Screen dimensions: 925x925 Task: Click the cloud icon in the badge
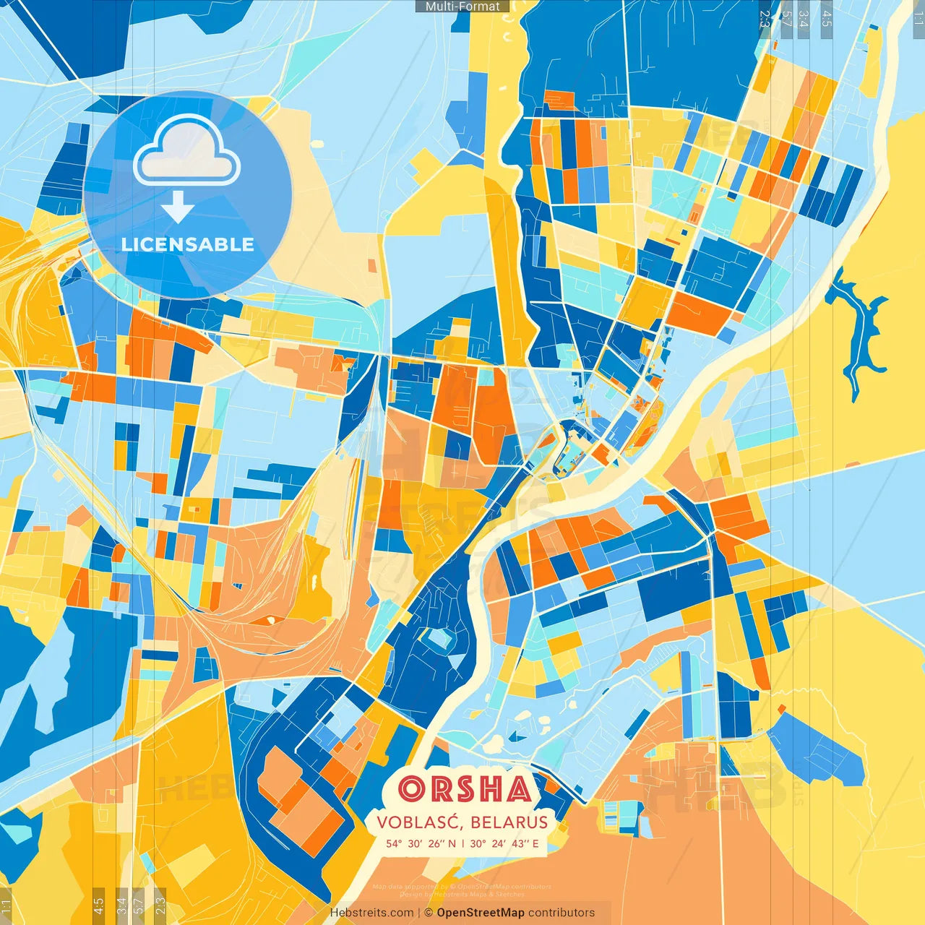[x=186, y=150]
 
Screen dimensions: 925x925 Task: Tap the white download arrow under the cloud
[x=178, y=208]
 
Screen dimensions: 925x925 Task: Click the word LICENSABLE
[x=188, y=244]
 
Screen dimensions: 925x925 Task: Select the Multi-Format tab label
[x=462, y=7]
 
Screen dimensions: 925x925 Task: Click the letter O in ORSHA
[x=413, y=789]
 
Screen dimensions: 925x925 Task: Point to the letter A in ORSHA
[x=518, y=789]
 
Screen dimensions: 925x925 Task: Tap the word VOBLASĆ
[x=418, y=822]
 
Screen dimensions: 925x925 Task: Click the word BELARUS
[x=509, y=822]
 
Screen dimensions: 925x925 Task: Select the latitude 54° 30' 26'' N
[x=421, y=843]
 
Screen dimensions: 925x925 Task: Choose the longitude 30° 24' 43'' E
[x=504, y=843]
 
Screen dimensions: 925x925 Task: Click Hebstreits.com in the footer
[x=372, y=913]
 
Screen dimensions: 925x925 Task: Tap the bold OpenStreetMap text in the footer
[x=481, y=913]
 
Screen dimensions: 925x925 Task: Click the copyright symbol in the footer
[x=429, y=913]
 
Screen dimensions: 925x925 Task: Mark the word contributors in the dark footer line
[x=562, y=913]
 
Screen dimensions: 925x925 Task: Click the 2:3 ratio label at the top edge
[x=765, y=18]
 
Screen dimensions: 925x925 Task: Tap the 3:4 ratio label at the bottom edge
[x=121, y=905]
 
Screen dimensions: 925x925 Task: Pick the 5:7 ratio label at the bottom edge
[x=139, y=905]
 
